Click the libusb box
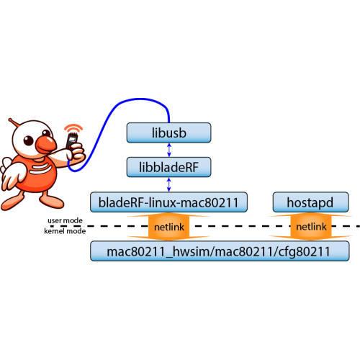168,132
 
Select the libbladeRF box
168,167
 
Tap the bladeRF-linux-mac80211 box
168,202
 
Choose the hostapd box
310,202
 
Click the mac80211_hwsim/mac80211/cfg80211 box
220,251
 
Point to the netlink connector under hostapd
311,226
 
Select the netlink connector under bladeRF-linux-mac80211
168,227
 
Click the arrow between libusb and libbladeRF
169,150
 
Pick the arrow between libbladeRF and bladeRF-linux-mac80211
169,184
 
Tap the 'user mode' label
65,220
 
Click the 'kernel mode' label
65,231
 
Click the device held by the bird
72,140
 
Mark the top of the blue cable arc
140,99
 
